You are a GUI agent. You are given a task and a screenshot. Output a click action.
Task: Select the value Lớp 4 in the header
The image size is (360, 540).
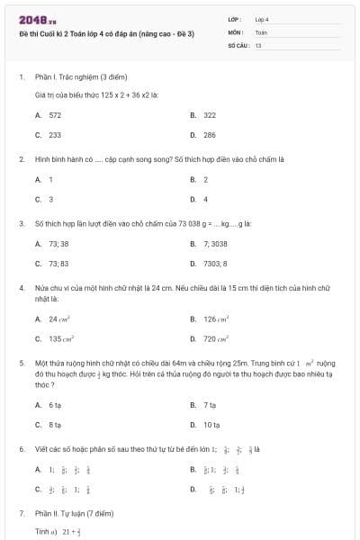[x=262, y=19]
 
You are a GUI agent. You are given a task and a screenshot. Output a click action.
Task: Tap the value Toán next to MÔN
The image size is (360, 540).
[x=261, y=31]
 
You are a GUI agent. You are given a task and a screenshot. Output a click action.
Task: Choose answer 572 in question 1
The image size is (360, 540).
[x=55, y=115]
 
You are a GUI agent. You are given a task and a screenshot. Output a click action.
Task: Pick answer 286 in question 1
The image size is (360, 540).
[x=209, y=135]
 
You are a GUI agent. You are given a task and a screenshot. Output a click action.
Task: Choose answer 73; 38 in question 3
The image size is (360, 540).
[x=58, y=244]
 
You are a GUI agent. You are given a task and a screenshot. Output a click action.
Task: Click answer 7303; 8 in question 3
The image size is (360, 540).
[x=215, y=264]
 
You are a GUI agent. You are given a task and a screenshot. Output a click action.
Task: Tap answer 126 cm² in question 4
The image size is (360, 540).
[x=213, y=319]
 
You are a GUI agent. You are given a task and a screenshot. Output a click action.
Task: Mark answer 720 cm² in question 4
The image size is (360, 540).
[x=213, y=339]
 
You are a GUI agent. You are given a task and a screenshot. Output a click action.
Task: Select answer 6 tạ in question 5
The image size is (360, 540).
[x=56, y=405]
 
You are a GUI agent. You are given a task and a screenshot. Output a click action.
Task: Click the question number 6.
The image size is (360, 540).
[x=21, y=447]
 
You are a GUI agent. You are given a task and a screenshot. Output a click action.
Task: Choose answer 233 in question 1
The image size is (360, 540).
[x=55, y=135]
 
